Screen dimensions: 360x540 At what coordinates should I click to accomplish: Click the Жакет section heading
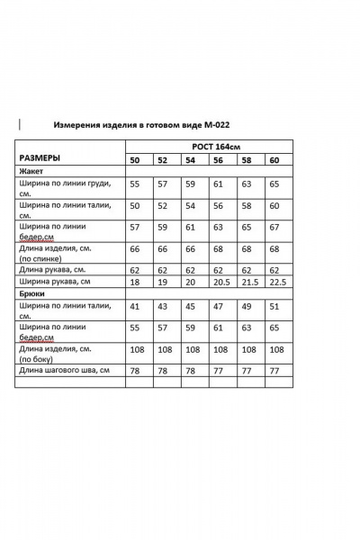(x=31, y=170)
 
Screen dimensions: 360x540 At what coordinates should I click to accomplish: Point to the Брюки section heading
(x=32, y=293)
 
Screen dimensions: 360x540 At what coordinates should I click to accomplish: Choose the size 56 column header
(x=218, y=160)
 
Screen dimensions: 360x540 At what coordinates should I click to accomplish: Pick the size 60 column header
(x=274, y=160)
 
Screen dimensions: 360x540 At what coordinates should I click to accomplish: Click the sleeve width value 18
(x=135, y=282)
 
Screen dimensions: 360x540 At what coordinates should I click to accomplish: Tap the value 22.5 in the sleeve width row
(x=277, y=282)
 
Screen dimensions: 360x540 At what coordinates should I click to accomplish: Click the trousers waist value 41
(x=135, y=306)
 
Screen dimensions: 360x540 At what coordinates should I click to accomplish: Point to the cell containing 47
(x=217, y=306)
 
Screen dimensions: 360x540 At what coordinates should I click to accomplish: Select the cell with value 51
(x=274, y=306)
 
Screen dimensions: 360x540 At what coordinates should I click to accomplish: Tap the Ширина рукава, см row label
(x=54, y=282)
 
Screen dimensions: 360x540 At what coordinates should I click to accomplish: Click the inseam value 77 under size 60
(x=274, y=370)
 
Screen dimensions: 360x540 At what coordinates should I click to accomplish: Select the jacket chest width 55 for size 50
(x=135, y=184)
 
